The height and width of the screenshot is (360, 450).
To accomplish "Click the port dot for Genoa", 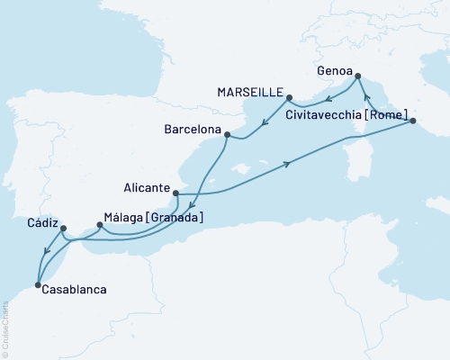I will coord(358,76).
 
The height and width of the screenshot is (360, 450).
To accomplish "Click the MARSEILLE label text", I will coord(250,92).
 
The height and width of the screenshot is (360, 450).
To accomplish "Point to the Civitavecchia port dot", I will coord(411,121).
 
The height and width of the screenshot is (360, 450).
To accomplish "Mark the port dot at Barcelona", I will coord(227,136).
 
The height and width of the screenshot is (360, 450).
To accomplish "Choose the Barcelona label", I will coord(193,129).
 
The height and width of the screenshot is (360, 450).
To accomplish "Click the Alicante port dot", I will coord(176,192).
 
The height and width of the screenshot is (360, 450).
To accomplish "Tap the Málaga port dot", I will coord(99,226).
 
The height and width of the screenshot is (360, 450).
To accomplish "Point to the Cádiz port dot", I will coord(62,229).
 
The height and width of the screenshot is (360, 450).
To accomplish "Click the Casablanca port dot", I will coord(37,285).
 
